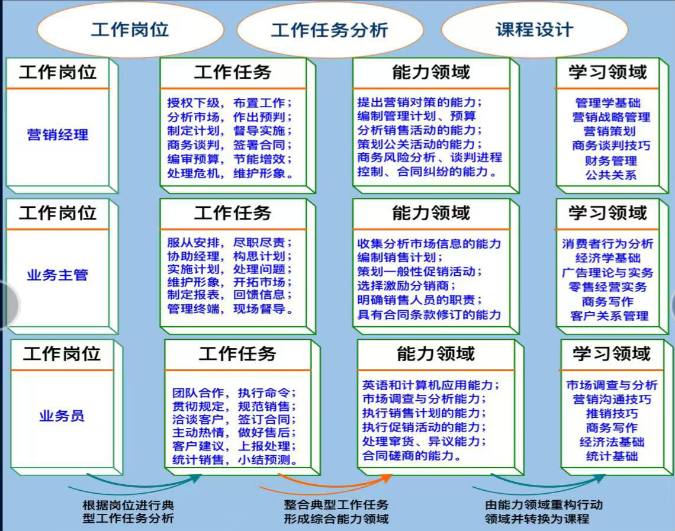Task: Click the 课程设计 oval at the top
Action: coord(534,30)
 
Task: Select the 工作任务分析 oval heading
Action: coord(329,30)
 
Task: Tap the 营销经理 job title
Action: coord(57,135)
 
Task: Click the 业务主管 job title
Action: coord(57,275)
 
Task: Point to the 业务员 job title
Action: coord(62,416)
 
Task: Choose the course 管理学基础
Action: coord(607,103)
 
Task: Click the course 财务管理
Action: coord(610,160)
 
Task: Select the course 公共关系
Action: coord(610,175)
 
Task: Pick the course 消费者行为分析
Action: coord(607,244)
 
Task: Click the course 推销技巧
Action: coord(612,413)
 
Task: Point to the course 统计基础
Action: coord(612,456)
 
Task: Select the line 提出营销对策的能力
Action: coord(420,102)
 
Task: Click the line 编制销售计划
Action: coord(400,258)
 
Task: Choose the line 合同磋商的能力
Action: coord(412,456)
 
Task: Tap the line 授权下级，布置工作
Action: coord(230,102)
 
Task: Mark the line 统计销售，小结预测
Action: coord(234,460)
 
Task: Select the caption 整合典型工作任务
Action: coord(336,505)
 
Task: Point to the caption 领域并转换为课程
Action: coord(537,519)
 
